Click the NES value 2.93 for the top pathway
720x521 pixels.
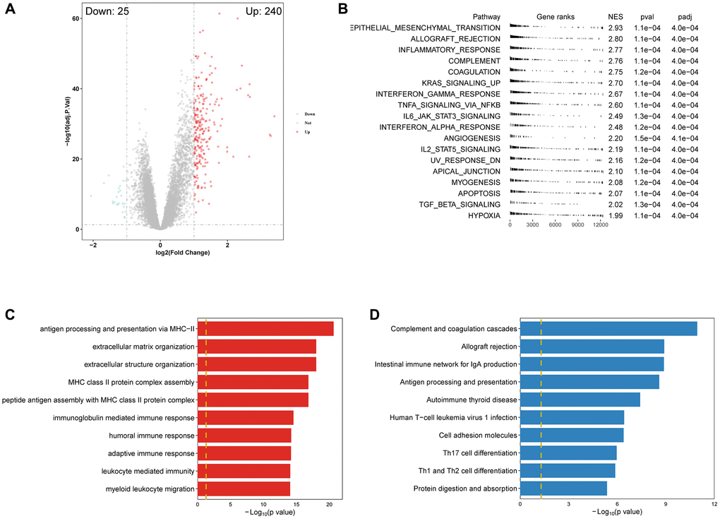coord(616,28)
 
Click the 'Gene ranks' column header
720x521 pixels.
coord(556,16)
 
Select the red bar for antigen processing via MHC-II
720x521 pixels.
coord(265,328)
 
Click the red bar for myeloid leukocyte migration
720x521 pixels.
coord(244,488)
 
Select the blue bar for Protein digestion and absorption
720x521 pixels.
coord(563,488)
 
